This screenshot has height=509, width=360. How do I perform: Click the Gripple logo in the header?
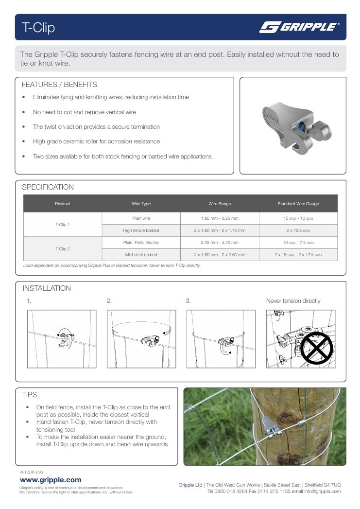point(299,27)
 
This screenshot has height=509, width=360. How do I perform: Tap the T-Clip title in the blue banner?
point(38,28)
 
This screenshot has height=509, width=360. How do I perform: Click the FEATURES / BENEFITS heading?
point(59,85)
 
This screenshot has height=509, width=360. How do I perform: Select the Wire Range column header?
point(220,204)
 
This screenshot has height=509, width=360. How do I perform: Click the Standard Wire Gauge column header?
point(298,204)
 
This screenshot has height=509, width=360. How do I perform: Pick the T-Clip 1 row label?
point(63,225)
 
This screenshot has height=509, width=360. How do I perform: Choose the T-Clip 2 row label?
point(63,249)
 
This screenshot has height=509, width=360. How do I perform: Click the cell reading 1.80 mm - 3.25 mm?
point(220,219)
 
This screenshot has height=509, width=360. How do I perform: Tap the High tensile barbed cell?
point(141,230)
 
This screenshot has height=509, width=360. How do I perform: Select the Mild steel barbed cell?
point(141,255)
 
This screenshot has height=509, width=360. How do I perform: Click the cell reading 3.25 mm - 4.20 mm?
point(220,243)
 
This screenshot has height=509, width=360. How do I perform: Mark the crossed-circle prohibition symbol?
point(316,348)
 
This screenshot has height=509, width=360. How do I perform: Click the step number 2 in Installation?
point(109,301)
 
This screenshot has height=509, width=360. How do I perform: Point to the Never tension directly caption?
point(293,301)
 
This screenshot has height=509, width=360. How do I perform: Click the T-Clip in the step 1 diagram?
point(64,337)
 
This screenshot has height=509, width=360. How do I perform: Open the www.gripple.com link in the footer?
point(51,480)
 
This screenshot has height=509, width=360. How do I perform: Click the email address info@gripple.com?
point(323,491)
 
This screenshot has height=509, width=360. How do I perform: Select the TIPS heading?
point(30,395)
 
